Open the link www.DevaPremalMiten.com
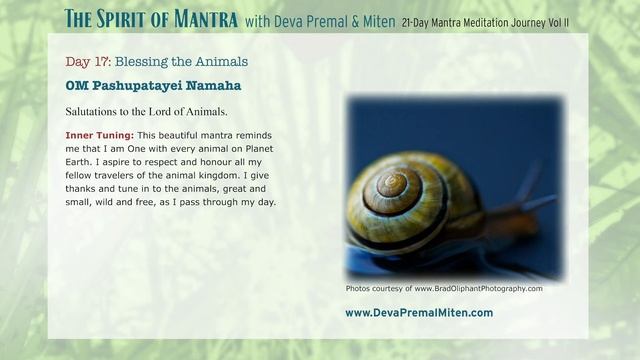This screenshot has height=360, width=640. click(418, 312)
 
